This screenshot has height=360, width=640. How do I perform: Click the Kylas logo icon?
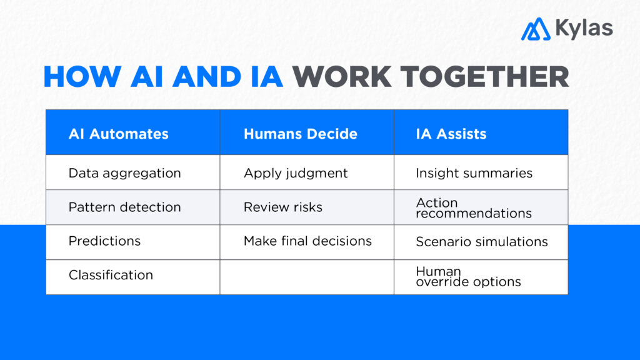[535, 29]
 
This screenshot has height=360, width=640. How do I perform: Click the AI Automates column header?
[118, 134]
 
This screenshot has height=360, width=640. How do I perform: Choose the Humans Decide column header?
[300, 134]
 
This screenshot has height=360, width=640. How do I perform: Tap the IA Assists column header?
[451, 134]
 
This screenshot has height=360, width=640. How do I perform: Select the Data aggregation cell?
[124, 173]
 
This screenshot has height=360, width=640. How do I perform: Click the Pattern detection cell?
[124, 207]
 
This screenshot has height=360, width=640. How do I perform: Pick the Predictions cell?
[104, 241]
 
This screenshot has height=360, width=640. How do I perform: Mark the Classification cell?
[111, 275]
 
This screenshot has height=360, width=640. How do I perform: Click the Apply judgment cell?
[295, 173]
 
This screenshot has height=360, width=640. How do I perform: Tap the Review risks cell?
[282, 207]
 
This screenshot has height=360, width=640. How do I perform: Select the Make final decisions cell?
[307, 241]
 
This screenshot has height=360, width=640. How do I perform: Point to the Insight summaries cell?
[474, 173]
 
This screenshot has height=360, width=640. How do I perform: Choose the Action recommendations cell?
[473, 208]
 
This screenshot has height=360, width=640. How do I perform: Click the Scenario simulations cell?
[481, 241]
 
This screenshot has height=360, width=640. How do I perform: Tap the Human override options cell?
[467, 276]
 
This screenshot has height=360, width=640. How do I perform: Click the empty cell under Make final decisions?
[306, 277]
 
